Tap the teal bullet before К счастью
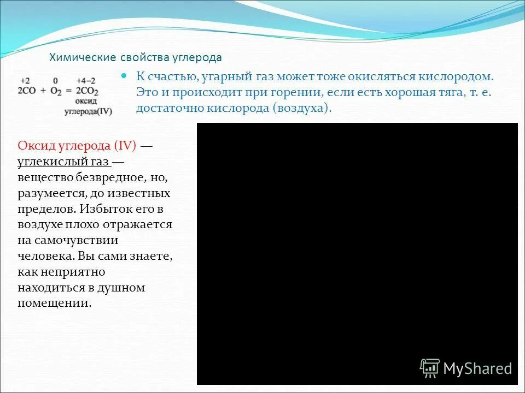tap(124, 76)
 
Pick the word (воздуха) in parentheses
tap(301, 108)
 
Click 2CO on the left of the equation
tap(27, 90)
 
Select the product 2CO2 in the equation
tap(87, 91)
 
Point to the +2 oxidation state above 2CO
tap(26, 80)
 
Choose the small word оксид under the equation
tap(87, 102)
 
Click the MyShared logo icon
tap(430, 368)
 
